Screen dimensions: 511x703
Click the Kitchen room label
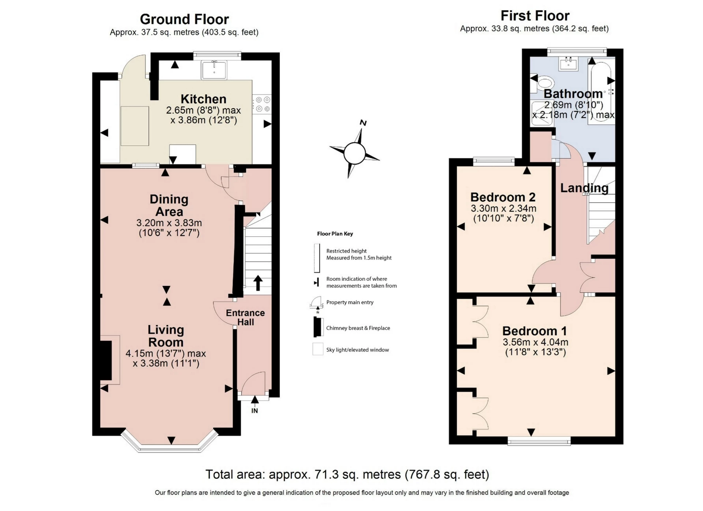(x=203, y=99)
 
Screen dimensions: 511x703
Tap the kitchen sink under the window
(x=214, y=70)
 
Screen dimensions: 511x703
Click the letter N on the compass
(x=363, y=123)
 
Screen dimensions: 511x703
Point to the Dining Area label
(x=169, y=205)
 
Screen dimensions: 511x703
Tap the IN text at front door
(x=254, y=411)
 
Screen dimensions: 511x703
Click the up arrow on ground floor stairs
(x=258, y=283)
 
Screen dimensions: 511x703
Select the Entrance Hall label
(x=245, y=317)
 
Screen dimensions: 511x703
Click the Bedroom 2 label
(x=503, y=197)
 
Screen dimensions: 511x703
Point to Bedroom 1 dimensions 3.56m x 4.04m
(x=535, y=342)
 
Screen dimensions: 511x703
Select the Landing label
(x=584, y=188)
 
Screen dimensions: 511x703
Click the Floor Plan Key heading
(x=335, y=234)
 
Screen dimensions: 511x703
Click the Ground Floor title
(x=184, y=19)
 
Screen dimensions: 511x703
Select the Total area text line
(x=347, y=474)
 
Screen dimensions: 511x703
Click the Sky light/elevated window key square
(x=317, y=349)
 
